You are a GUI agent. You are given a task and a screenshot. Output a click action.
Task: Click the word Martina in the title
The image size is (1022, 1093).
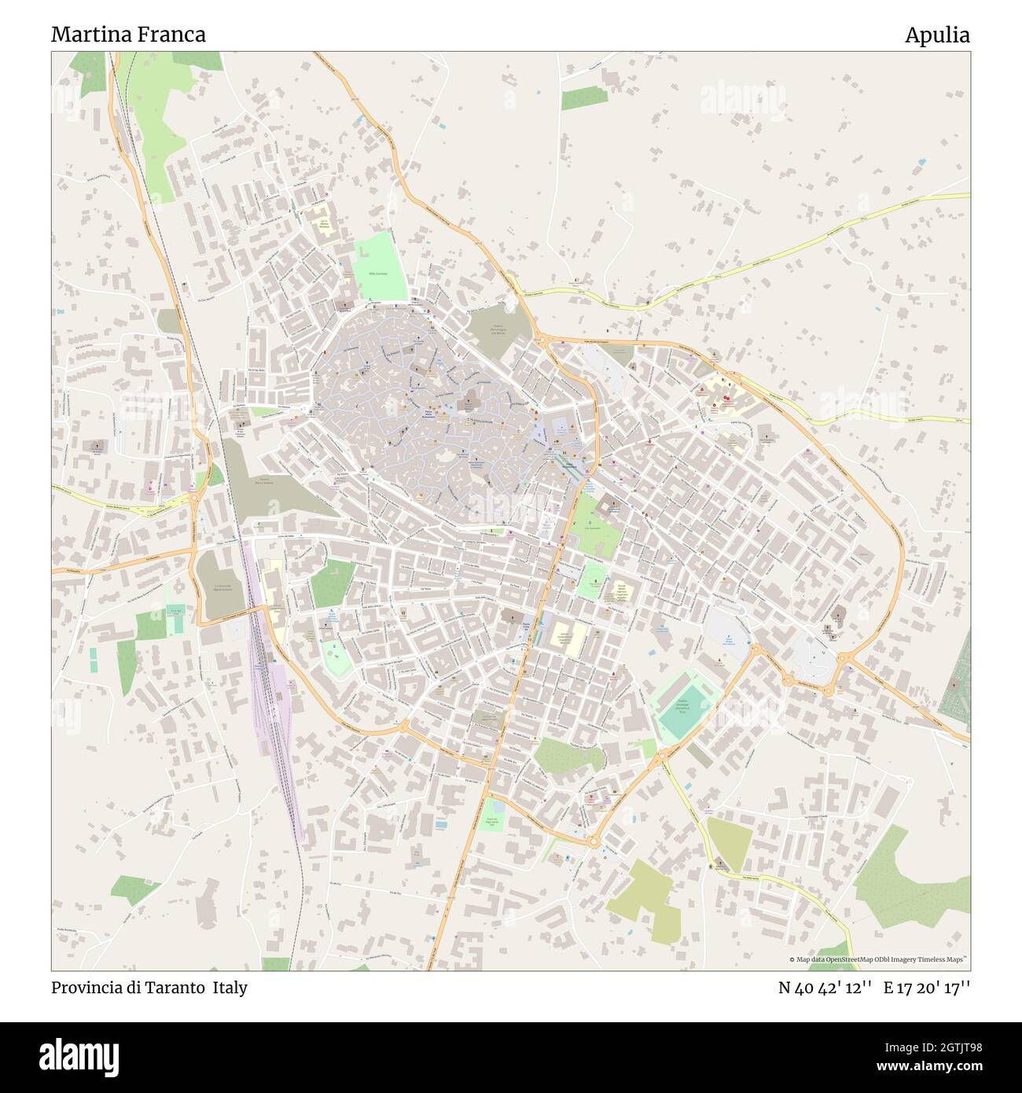86,35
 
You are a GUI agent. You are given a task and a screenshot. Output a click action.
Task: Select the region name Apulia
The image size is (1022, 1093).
937,35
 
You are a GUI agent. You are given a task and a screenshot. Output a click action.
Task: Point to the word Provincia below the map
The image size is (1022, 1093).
86,988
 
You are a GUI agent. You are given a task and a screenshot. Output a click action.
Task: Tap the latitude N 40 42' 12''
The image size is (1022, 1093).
825,988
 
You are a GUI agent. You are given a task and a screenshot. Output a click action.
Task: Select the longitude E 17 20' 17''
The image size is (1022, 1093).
928,988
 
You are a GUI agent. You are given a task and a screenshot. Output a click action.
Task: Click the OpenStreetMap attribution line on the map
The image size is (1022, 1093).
878,959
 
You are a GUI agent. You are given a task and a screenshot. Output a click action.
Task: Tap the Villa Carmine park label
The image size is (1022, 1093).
380,273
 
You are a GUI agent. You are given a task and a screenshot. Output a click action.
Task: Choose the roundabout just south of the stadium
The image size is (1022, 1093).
662,756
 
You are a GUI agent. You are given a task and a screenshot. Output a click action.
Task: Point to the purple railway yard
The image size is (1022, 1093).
271,692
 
